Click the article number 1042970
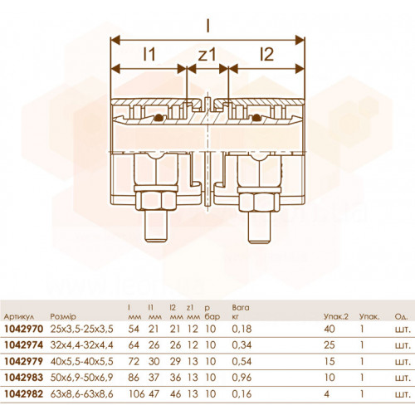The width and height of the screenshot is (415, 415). coord(24,329)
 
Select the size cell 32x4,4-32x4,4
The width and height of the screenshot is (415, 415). coord(82,345)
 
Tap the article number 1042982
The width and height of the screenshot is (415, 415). coord(24,394)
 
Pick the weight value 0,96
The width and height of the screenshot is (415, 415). coord(242,378)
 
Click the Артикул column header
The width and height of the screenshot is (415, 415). coord(19,317)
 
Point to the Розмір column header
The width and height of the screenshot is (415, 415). coord(63,316)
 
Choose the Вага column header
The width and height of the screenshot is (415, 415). coord(241,307)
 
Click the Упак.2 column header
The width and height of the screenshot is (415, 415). coord(336,317)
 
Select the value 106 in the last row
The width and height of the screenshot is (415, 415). coord(137,394)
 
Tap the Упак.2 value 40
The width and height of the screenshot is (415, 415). coord(330,329)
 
